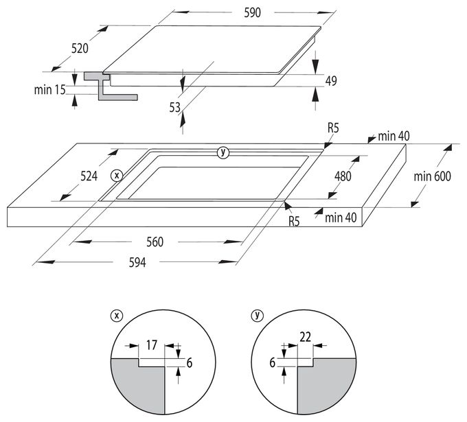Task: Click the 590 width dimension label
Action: (252, 13)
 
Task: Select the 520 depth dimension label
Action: (80, 48)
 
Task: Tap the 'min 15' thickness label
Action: (49, 90)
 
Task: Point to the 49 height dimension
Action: (331, 81)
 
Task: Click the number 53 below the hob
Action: (175, 108)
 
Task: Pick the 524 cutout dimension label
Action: (89, 176)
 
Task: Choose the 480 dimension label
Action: (343, 176)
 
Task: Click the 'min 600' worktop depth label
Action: (432, 176)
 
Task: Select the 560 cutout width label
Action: (155, 242)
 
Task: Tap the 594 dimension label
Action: (137, 263)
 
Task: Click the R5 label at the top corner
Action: (333, 128)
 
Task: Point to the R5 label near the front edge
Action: (294, 222)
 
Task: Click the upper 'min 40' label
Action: (394, 137)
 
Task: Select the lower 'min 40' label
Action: (341, 218)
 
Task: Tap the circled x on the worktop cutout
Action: (117, 176)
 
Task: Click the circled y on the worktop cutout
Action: (223, 152)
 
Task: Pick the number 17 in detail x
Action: (151, 345)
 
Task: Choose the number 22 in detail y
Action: (306, 337)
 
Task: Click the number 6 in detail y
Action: (272, 363)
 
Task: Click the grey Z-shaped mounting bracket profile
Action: (110, 86)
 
